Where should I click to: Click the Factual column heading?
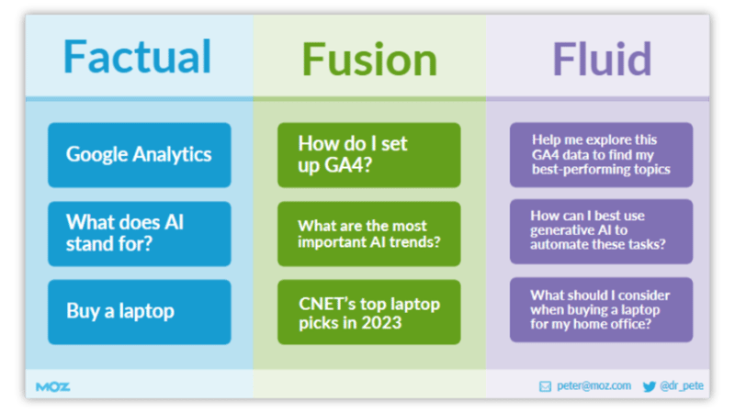[137, 57]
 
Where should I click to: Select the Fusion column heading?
[369, 60]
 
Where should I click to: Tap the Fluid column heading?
[602, 58]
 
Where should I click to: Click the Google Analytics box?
[140, 154]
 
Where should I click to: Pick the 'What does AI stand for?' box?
[140, 233]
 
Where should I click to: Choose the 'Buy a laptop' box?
[140, 311]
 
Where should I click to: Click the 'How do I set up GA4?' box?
[369, 154]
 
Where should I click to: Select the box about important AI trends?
[369, 233]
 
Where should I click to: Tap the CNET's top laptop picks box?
[369, 311]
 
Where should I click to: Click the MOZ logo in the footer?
[52, 386]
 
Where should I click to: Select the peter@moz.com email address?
[594, 386]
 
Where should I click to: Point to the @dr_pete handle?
[682, 386]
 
